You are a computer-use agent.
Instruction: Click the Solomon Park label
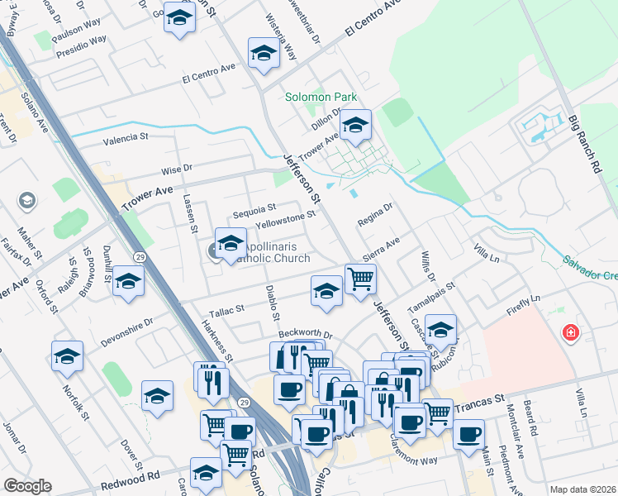(x=321, y=97)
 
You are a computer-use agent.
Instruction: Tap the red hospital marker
(x=569, y=334)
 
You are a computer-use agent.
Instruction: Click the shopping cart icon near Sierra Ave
(x=360, y=279)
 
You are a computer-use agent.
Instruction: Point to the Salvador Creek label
(x=590, y=266)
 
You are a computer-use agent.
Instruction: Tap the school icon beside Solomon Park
(x=356, y=126)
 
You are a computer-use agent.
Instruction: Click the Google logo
(x=27, y=486)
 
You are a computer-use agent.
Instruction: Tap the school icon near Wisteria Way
(x=264, y=54)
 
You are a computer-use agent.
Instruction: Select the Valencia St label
(x=125, y=138)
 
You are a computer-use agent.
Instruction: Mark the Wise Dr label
(x=176, y=169)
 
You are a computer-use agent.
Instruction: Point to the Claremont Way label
(x=405, y=446)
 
